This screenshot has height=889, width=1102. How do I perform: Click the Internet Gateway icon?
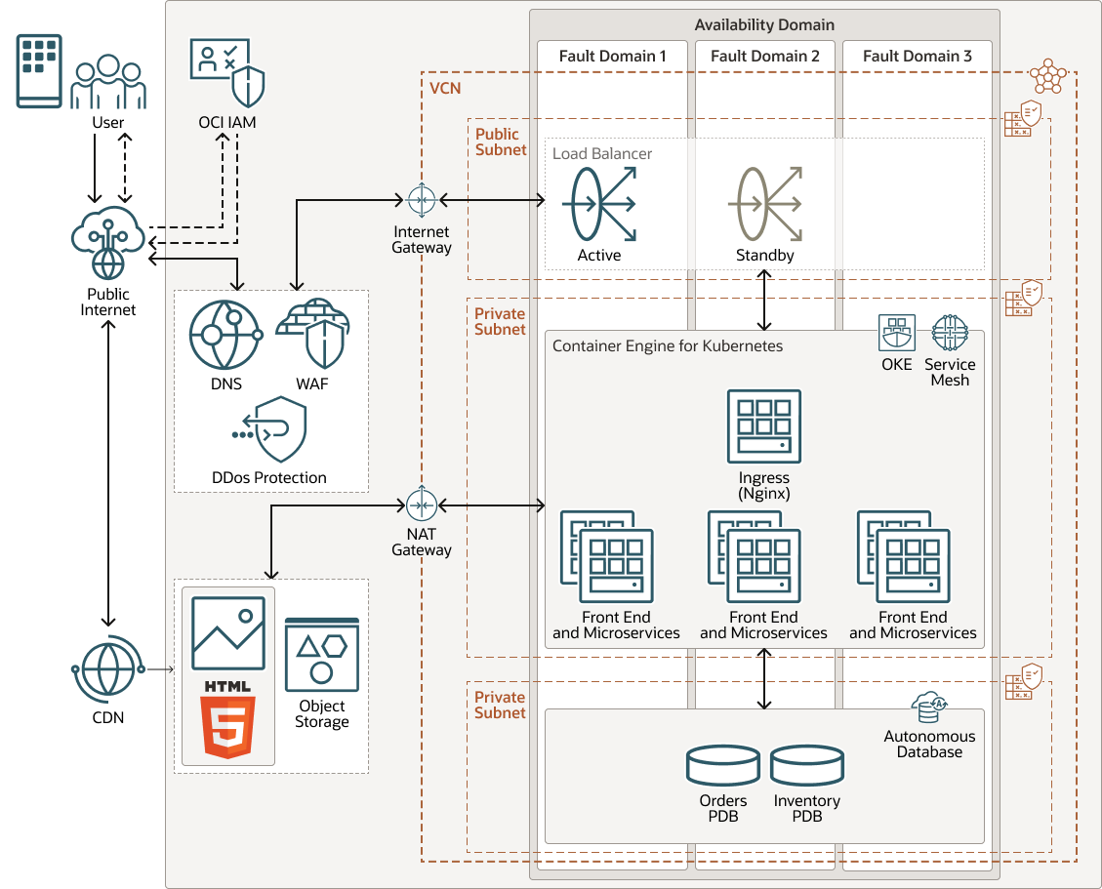pyautogui.click(x=422, y=200)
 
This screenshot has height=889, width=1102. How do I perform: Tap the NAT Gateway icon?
pyautogui.click(x=422, y=505)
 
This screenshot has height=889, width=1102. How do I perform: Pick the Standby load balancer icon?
pyautogui.click(x=765, y=204)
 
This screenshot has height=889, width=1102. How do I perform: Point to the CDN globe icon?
pyautogui.click(x=107, y=669)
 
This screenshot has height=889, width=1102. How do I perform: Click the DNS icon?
pyautogui.click(x=225, y=335)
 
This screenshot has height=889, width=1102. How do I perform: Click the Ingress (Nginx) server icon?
pyautogui.click(x=763, y=426)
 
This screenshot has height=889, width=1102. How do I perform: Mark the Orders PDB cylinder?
pyautogui.click(x=722, y=766)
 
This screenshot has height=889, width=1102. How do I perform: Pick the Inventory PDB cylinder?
pyautogui.click(x=806, y=766)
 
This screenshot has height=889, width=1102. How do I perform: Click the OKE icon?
pyautogui.click(x=896, y=333)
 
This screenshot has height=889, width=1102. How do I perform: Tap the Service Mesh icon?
pyautogui.click(x=950, y=333)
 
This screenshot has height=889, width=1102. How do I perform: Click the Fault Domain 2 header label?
pyautogui.click(x=765, y=57)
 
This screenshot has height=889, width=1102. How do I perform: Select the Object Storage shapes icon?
pyautogui.click(x=321, y=654)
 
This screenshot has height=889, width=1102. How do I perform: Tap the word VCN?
pyautogui.click(x=445, y=89)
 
